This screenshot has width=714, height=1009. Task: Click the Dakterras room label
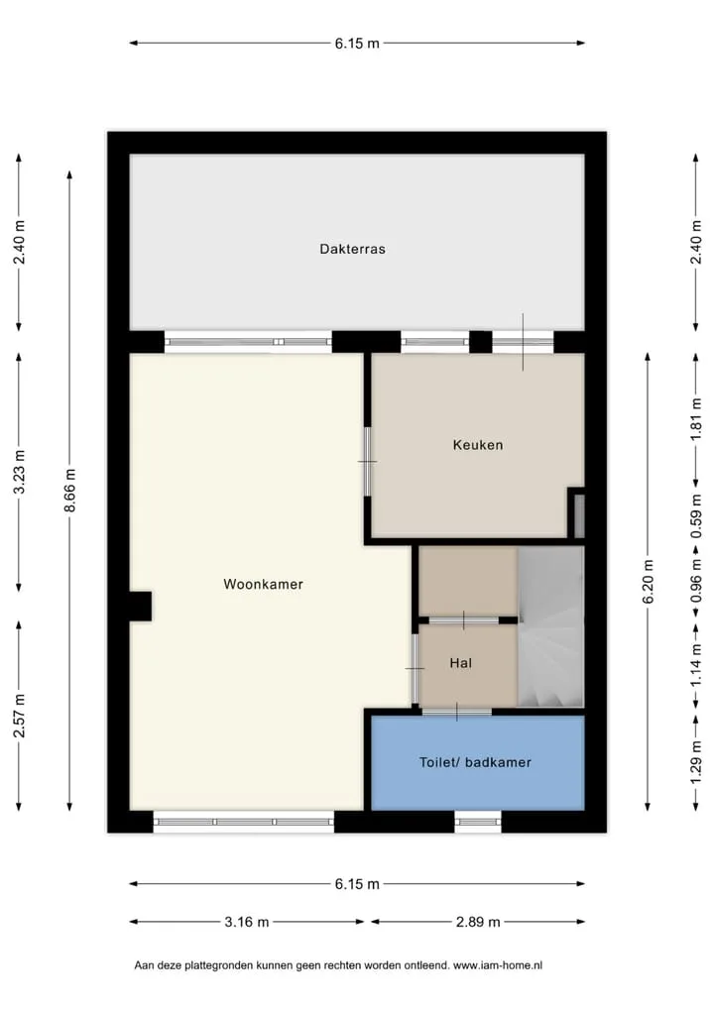[x=352, y=249]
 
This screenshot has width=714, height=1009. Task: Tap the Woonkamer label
[x=263, y=585]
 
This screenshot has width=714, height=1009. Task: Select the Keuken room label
[x=478, y=445]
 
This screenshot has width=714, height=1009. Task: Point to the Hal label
[x=461, y=663]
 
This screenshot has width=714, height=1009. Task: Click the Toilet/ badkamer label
[x=475, y=762]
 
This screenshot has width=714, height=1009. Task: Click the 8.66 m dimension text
[x=69, y=491]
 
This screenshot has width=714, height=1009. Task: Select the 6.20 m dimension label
[x=648, y=581]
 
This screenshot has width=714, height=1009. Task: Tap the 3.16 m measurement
[x=247, y=922]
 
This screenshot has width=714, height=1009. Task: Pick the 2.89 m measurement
[x=478, y=922]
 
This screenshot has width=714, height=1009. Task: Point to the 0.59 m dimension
[x=696, y=516]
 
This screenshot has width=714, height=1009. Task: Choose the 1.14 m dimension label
[x=696, y=665]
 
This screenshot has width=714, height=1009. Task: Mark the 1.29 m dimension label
[x=696, y=762]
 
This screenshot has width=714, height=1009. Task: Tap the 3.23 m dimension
[x=19, y=473]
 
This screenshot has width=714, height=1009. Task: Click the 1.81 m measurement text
[x=696, y=419]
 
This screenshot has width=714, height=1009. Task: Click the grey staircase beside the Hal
[x=550, y=626]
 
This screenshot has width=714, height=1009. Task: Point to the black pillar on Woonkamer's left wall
[x=141, y=607]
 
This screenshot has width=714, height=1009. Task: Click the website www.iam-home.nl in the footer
[x=498, y=965]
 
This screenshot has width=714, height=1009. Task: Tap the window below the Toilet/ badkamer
[x=478, y=821]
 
